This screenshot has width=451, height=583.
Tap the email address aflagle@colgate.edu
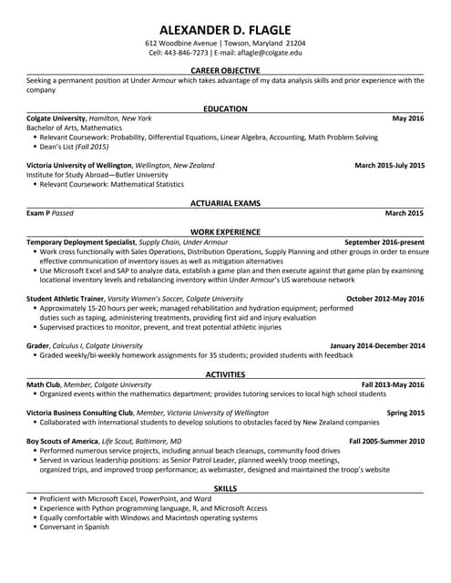[x=272, y=52]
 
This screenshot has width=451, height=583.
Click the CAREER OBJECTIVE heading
[x=225, y=70]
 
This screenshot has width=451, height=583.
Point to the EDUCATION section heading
[x=225, y=108]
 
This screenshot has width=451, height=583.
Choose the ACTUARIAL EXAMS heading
[x=225, y=202]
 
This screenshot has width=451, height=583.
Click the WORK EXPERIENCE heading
[x=225, y=232]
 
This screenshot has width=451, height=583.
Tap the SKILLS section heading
[x=225, y=488]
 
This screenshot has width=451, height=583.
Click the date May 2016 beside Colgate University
[x=408, y=118]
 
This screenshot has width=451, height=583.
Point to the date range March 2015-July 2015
[x=389, y=165]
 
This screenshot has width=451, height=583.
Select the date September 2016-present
[x=384, y=241]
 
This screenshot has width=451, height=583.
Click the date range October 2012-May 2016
[x=385, y=298]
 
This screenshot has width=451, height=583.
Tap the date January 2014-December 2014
[x=377, y=345]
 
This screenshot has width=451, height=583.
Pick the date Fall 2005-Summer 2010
[x=386, y=440]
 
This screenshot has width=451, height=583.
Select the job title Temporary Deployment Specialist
[x=81, y=241]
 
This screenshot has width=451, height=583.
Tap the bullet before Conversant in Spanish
[x=35, y=527]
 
